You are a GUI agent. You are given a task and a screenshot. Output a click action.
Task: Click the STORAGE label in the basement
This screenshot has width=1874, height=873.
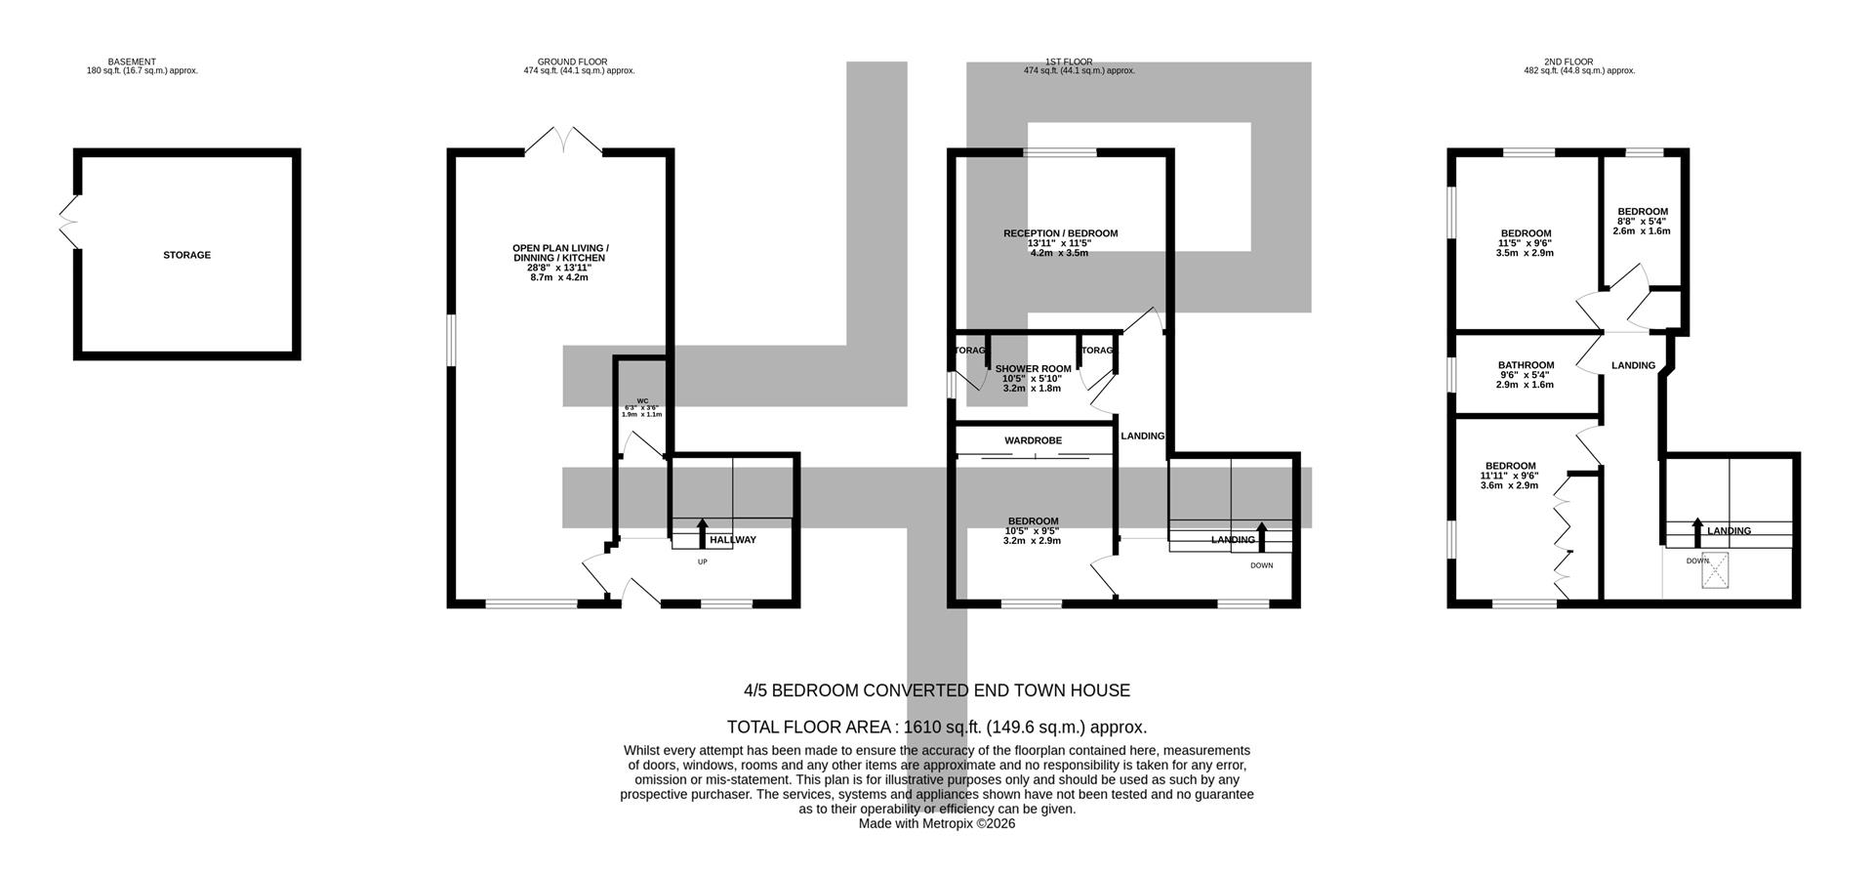point(186,255)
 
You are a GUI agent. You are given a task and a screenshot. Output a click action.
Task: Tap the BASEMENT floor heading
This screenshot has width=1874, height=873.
point(132,62)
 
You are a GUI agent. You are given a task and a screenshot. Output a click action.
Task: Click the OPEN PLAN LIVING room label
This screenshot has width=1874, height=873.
point(560,253)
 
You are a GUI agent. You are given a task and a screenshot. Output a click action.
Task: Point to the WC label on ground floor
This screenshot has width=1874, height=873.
point(642,401)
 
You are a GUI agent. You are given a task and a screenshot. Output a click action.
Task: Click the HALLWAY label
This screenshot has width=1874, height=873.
point(733,540)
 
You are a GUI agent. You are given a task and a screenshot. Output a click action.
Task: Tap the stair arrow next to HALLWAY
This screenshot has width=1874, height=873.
point(702,534)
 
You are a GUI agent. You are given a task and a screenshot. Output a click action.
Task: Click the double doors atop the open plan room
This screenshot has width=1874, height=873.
point(564,141)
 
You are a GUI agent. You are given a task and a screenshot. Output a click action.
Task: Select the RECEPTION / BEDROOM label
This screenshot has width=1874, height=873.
point(1060,233)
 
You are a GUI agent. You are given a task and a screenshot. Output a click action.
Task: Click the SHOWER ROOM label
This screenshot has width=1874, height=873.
point(1033,369)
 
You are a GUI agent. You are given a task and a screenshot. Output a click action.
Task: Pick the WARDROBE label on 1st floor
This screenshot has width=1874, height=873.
point(1033,440)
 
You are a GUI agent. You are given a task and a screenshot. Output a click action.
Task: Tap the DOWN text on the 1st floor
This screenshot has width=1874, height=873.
point(1261,565)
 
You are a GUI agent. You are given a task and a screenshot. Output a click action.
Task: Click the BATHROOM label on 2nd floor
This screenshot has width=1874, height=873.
point(1526,365)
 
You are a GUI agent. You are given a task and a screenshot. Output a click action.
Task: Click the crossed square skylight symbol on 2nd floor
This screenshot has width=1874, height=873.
point(1715,571)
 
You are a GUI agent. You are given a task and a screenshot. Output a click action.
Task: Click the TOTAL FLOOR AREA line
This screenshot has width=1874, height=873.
point(937,727)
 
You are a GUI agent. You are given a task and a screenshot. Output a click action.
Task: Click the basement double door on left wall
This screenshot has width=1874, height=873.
point(68,222)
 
